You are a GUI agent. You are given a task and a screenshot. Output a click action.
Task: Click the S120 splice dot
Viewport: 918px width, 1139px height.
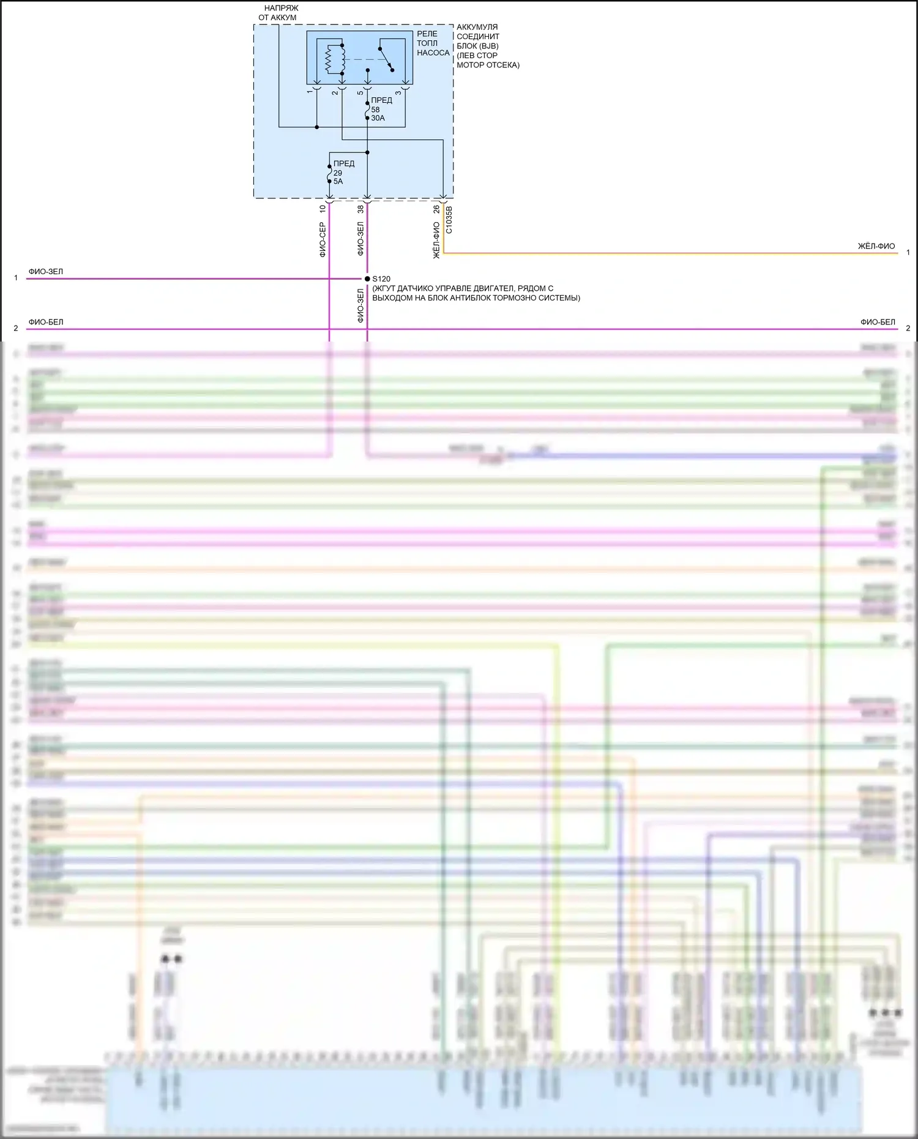pos(367,278)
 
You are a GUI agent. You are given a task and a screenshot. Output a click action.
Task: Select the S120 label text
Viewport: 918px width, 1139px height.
pos(381,279)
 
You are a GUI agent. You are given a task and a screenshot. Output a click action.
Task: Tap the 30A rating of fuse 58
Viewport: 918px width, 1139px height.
pos(378,118)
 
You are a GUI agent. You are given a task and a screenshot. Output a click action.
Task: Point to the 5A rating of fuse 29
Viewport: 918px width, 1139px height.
pos(338,182)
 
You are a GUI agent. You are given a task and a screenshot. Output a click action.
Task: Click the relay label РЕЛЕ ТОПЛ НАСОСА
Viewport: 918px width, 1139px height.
pos(433,43)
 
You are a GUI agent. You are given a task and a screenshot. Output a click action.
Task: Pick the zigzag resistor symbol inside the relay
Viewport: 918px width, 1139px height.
pos(329,59)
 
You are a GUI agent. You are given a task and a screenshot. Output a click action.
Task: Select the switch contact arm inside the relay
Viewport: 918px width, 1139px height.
pos(386,59)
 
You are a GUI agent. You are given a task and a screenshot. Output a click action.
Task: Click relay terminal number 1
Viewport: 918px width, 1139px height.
pos(310,92)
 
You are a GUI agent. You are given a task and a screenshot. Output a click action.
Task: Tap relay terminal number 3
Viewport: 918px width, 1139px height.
pos(398,92)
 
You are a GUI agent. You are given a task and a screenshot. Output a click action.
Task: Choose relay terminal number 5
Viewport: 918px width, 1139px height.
pos(360,93)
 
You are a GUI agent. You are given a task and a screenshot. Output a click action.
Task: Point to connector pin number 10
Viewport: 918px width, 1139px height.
pos(323,209)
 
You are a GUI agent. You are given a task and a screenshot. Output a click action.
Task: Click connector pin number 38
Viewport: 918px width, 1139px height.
pos(360,209)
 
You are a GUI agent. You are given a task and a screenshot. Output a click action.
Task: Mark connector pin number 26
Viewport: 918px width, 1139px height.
pos(436,209)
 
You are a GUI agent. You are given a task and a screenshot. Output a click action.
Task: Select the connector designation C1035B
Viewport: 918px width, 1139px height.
pos(449,220)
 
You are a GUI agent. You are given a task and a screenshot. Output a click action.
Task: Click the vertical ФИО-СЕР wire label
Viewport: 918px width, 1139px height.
pos(323,239)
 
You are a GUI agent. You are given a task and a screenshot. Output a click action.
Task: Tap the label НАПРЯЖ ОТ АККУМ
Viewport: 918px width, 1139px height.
pos(278,13)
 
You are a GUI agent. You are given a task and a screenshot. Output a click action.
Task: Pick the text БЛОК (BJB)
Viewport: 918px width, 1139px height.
pos(477,46)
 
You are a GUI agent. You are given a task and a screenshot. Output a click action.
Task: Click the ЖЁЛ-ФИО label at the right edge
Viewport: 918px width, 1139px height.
pos(876,246)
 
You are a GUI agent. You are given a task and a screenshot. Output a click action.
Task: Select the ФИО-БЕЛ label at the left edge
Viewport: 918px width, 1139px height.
pos(46,322)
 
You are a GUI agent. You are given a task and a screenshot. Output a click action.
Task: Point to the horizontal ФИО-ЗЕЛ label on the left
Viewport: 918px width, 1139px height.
pos(46,271)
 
